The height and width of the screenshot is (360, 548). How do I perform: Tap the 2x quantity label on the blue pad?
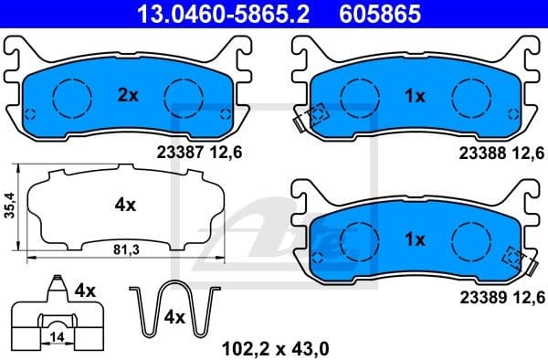[x=127, y=95]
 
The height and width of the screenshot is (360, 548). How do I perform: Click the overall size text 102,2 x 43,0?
[x=276, y=347]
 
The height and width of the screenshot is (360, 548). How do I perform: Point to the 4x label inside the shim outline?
[x=125, y=206]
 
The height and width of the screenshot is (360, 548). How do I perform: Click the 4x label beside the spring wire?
[x=174, y=317]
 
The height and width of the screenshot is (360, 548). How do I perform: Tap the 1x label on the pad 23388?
[x=415, y=95]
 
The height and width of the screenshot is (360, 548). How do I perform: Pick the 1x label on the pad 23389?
[x=415, y=240]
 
